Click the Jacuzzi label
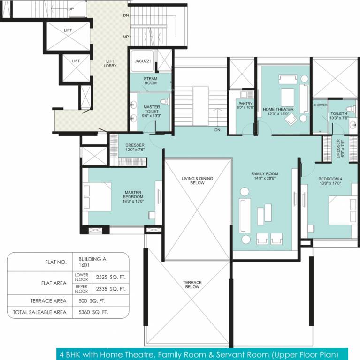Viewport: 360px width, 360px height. tap(142, 61)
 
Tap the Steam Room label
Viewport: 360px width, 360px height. tap(150, 81)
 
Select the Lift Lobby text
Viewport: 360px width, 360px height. tap(110, 63)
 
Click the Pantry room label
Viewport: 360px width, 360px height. tap(245, 104)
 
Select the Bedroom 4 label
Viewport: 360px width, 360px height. tap(317, 179)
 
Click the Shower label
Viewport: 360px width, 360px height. tap(320, 105)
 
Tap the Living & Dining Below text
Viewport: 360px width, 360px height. tap(198, 181)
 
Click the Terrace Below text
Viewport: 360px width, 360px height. tap(192, 285)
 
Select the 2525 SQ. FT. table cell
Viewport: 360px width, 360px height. tap(110, 277)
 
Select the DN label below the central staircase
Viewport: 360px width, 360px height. tap(217, 130)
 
